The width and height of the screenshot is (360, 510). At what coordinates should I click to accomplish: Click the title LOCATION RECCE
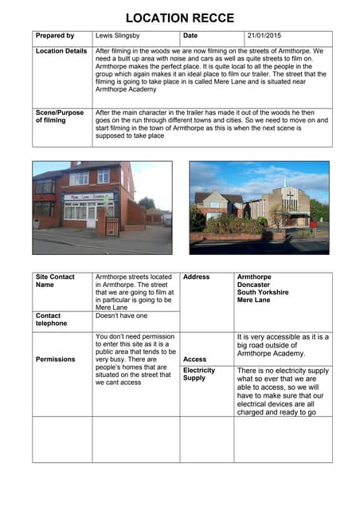[x=180, y=17]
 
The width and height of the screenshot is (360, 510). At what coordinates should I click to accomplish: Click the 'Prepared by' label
[x=55, y=36]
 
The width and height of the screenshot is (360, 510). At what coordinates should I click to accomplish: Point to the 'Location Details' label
[x=61, y=51]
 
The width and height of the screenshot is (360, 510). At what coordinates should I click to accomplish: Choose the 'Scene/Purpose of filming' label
[x=59, y=116]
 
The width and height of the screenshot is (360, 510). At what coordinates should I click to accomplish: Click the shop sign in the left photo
[x=87, y=196]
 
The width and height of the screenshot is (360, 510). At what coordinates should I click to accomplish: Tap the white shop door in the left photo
[x=92, y=216]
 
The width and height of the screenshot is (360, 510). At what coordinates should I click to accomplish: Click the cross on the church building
[x=290, y=195]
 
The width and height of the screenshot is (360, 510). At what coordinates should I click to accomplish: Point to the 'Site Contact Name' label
[x=54, y=280]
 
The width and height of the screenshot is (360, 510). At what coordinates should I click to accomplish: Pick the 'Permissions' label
[x=55, y=359]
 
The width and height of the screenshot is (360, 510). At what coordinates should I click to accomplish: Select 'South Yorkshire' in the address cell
[x=263, y=292]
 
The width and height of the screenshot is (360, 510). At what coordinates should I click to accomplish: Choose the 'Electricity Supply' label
[x=199, y=375]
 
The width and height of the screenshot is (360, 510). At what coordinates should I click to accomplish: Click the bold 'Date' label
[x=191, y=36]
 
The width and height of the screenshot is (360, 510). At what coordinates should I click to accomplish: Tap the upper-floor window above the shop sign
[x=79, y=178]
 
